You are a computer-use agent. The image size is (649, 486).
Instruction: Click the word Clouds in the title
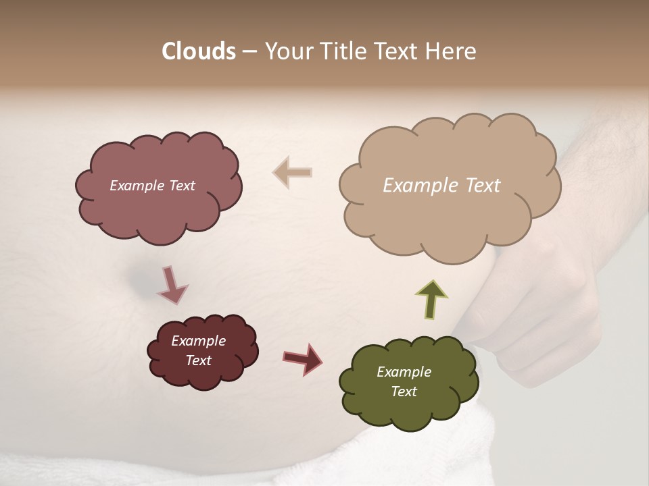click(x=199, y=51)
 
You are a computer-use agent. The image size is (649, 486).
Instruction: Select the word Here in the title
click(x=451, y=51)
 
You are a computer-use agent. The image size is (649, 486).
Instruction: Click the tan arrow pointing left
click(x=293, y=172)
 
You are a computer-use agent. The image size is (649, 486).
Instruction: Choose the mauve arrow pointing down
click(x=172, y=284)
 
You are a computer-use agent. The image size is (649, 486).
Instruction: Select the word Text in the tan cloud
click(x=483, y=186)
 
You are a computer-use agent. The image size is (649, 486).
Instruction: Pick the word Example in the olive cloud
click(x=404, y=372)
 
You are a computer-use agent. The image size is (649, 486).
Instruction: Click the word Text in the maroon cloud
click(x=199, y=360)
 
